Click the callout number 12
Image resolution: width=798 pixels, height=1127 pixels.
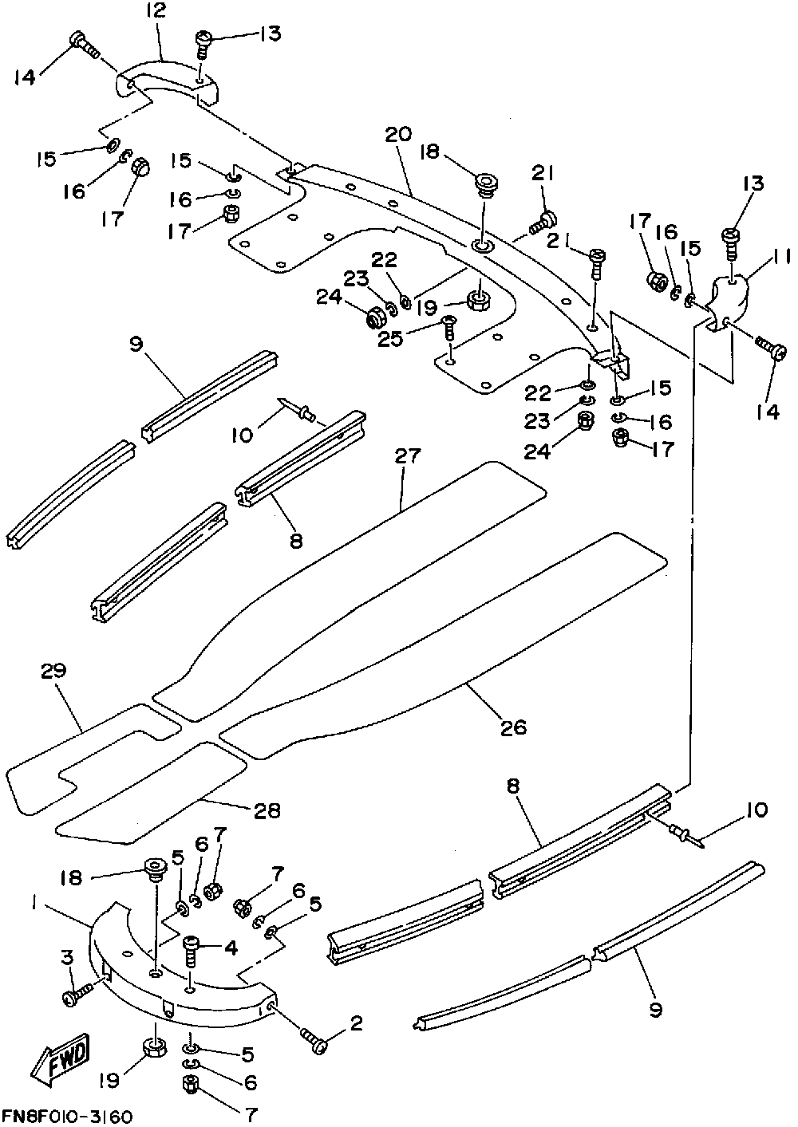(156, 10)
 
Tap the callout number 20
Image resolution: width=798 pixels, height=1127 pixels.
(398, 134)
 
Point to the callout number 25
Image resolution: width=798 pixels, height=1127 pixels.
(390, 339)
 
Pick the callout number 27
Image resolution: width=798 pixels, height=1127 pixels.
(407, 456)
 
